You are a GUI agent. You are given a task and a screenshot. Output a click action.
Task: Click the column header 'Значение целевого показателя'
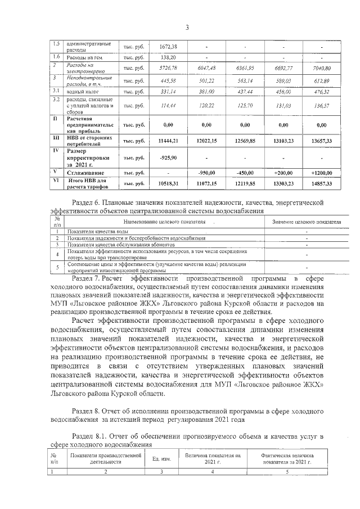click(x=307, y=222)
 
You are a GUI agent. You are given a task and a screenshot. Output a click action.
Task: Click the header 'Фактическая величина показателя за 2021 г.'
click(x=287, y=458)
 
